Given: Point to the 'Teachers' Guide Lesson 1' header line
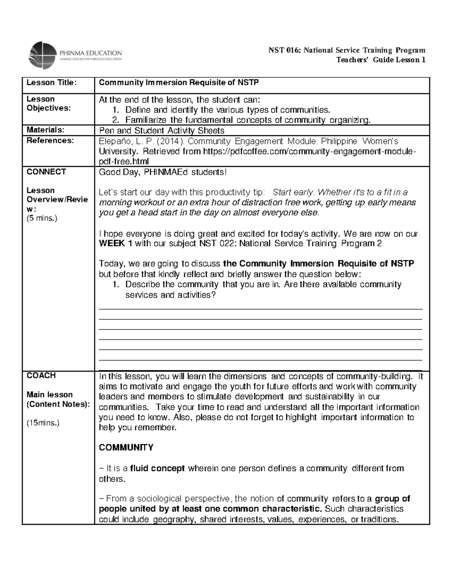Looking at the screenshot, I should (381, 60).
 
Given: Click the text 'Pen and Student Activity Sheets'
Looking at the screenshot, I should (161, 131).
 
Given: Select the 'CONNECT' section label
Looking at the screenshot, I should (46, 172).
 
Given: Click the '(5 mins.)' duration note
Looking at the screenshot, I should (42, 218).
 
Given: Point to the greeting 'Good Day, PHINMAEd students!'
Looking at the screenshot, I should (163, 172).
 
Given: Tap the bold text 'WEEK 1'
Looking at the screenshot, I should (115, 243).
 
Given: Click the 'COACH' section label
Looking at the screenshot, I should (41, 376).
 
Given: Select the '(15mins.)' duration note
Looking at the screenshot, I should (43, 423).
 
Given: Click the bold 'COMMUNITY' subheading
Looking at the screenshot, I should (126, 448).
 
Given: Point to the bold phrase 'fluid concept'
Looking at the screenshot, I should (157, 469).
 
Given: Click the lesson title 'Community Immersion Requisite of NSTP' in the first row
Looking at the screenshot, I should (179, 82).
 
